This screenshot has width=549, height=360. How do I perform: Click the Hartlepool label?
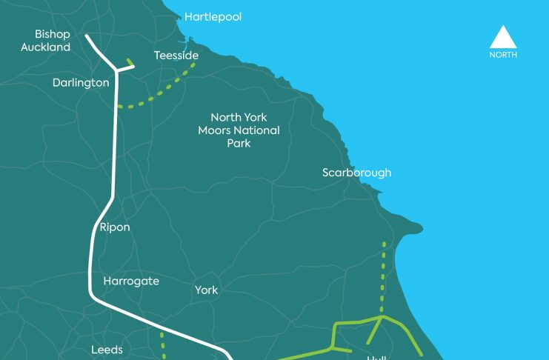pos(213,16)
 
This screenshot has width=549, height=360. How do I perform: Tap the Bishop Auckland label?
pos(53,41)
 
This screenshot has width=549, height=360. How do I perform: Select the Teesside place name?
pos(176,56)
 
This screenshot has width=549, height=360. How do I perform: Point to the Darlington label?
pos(81,83)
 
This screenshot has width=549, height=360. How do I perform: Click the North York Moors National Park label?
pos(239,130)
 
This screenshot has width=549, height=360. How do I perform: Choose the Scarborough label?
pos(356,173)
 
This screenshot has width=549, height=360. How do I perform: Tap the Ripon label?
pos(114,227)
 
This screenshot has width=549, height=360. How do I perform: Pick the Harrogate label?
pos(131,281)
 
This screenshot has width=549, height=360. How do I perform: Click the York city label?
pos(207,290)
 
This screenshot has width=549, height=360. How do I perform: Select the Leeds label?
pos(107,350)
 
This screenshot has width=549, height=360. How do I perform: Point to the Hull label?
pos(376,357)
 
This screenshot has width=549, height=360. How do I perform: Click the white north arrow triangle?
pos(503,37)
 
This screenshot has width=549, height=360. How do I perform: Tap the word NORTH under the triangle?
pos(503,55)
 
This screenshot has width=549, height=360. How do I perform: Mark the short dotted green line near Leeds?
pos(162,344)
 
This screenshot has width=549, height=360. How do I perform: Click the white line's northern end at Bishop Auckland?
pos(87,36)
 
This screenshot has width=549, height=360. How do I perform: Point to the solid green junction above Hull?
pos(381,317)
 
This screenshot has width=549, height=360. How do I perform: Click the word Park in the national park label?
pos(239,143)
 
